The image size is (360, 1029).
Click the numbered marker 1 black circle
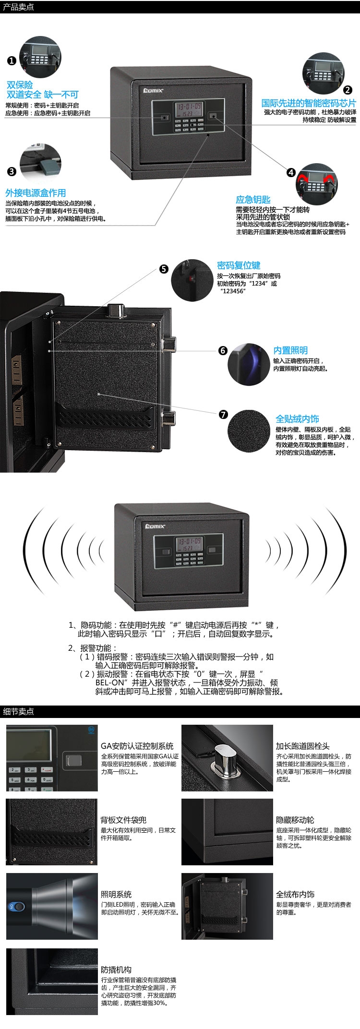12,60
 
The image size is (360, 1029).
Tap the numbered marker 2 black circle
348,89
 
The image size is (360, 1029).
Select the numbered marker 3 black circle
12,172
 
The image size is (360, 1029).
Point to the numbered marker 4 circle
291,173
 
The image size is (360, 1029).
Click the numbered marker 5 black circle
164,269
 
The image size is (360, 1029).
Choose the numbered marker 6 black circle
223,350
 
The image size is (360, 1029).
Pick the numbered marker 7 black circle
223,415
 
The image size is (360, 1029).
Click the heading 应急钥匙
253,200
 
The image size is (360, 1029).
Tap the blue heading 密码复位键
239,265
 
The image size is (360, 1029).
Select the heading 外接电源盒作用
36,193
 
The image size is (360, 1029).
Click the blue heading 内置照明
290,350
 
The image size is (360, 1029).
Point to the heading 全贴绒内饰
297,419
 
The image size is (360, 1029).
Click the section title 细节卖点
18,711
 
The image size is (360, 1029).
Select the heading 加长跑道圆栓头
302,746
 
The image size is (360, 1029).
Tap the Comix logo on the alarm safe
156,526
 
